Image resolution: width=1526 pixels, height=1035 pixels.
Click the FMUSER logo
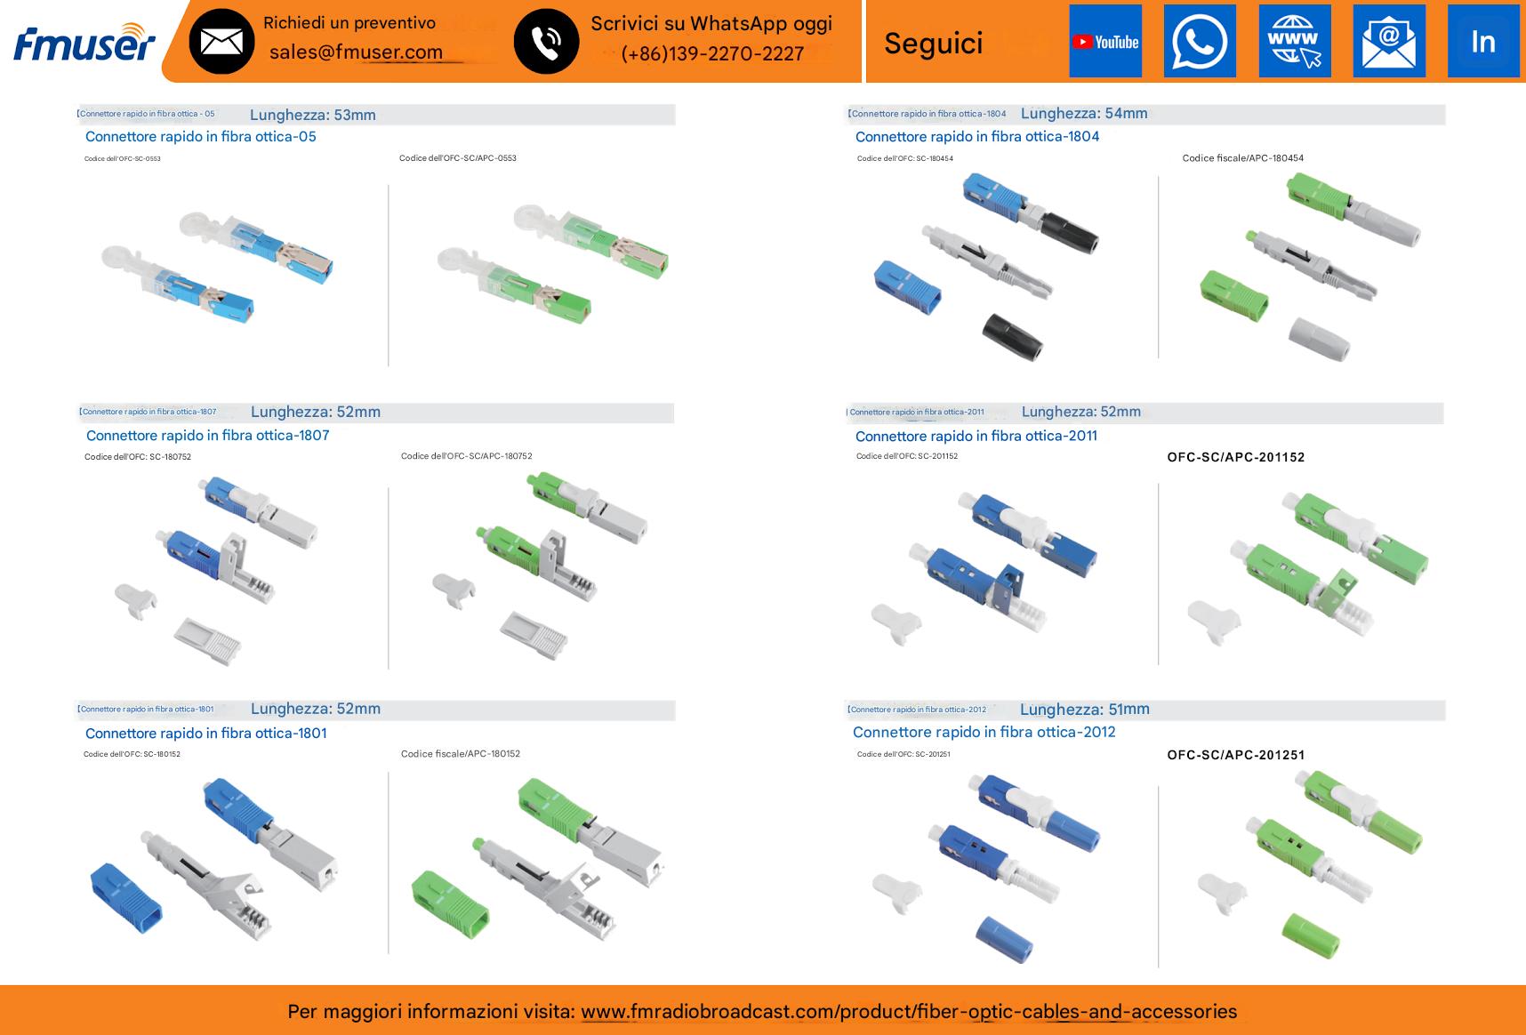84,42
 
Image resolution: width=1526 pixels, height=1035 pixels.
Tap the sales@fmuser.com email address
356,52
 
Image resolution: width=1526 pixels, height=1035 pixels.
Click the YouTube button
1105,42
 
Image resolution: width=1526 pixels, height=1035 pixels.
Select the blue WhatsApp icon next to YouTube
1200,42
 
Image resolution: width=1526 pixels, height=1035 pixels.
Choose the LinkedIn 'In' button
1482,42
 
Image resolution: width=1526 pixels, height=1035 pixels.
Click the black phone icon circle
546,42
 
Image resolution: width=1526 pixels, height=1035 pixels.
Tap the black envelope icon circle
221,42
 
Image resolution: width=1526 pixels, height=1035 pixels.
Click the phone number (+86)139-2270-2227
711,53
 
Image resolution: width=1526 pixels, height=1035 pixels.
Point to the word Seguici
934,43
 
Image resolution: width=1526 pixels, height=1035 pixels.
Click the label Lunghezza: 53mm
313,115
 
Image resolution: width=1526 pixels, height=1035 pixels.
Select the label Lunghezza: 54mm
1084,114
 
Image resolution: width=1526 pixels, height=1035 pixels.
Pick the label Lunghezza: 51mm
1084,710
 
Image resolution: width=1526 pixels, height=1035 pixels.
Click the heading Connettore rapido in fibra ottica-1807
207,436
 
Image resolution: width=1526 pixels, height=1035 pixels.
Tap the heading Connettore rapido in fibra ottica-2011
976,437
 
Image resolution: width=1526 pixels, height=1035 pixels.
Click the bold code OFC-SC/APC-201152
1235,457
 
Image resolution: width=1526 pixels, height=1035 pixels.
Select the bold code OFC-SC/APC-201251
1235,755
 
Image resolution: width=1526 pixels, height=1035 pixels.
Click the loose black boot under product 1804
1013,336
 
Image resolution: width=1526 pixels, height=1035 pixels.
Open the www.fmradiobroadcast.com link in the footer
908,1012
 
